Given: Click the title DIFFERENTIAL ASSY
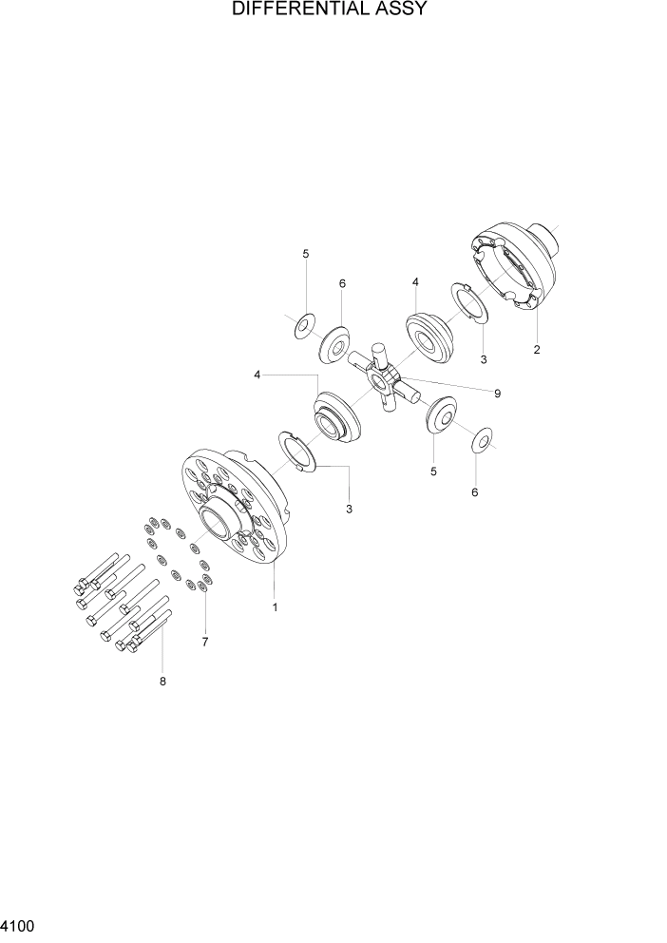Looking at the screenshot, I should click(x=333, y=11).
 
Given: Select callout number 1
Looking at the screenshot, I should click(x=275, y=606).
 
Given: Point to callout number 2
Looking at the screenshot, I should click(x=537, y=350).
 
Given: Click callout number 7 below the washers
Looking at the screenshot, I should click(x=204, y=643).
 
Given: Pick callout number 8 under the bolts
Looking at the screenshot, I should click(x=162, y=681).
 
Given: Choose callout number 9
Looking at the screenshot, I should click(x=496, y=393).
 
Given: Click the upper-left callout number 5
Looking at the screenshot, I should click(x=306, y=254).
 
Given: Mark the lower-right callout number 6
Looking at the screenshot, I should click(x=475, y=492).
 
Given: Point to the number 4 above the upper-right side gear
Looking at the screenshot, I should click(x=415, y=282).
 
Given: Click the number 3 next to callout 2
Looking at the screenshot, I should click(x=484, y=359).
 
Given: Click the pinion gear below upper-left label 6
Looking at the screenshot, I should click(x=334, y=345).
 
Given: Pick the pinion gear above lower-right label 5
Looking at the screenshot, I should click(x=440, y=416).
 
